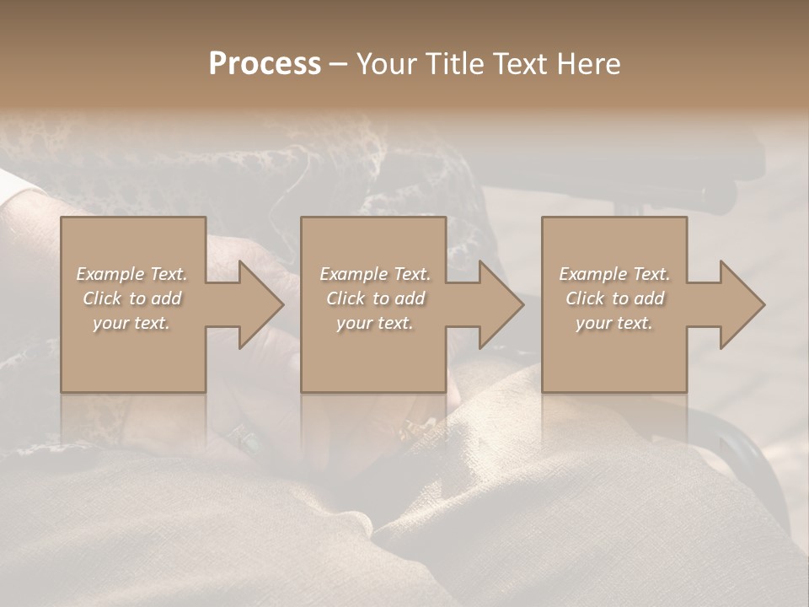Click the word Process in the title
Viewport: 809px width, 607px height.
pyautogui.click(x=265, y=64)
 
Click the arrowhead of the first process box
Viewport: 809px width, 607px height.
pyautogui.click(x=253, y=304)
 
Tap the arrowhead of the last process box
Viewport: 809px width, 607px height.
pyautogui.click(x=735, y=304)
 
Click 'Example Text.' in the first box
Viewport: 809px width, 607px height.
pyautogui.click(x=131, y=274)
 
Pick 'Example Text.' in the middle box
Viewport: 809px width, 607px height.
pyautogui.click(x=374, y=274)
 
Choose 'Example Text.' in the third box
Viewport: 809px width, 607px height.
pyautogui.click(x=614, y=274)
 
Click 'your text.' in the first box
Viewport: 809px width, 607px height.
pyautogui.click(x=131, y=323)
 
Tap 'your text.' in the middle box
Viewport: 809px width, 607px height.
pyautogui.click(x=374, y=323)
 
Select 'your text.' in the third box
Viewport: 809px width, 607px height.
pyautogui.click(x=614, y=323)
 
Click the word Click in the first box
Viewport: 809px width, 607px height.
pyautogui.click(x=101, y=298)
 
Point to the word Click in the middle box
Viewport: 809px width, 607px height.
pyautogui.click(x=345, y=298)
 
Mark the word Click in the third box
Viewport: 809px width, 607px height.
pyautogui.click(x=585, y=298)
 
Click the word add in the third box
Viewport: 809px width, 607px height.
pyautogui.click(x=649, y=298)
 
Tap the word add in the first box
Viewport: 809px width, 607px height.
pyautogui.click(x=166, y=298)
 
